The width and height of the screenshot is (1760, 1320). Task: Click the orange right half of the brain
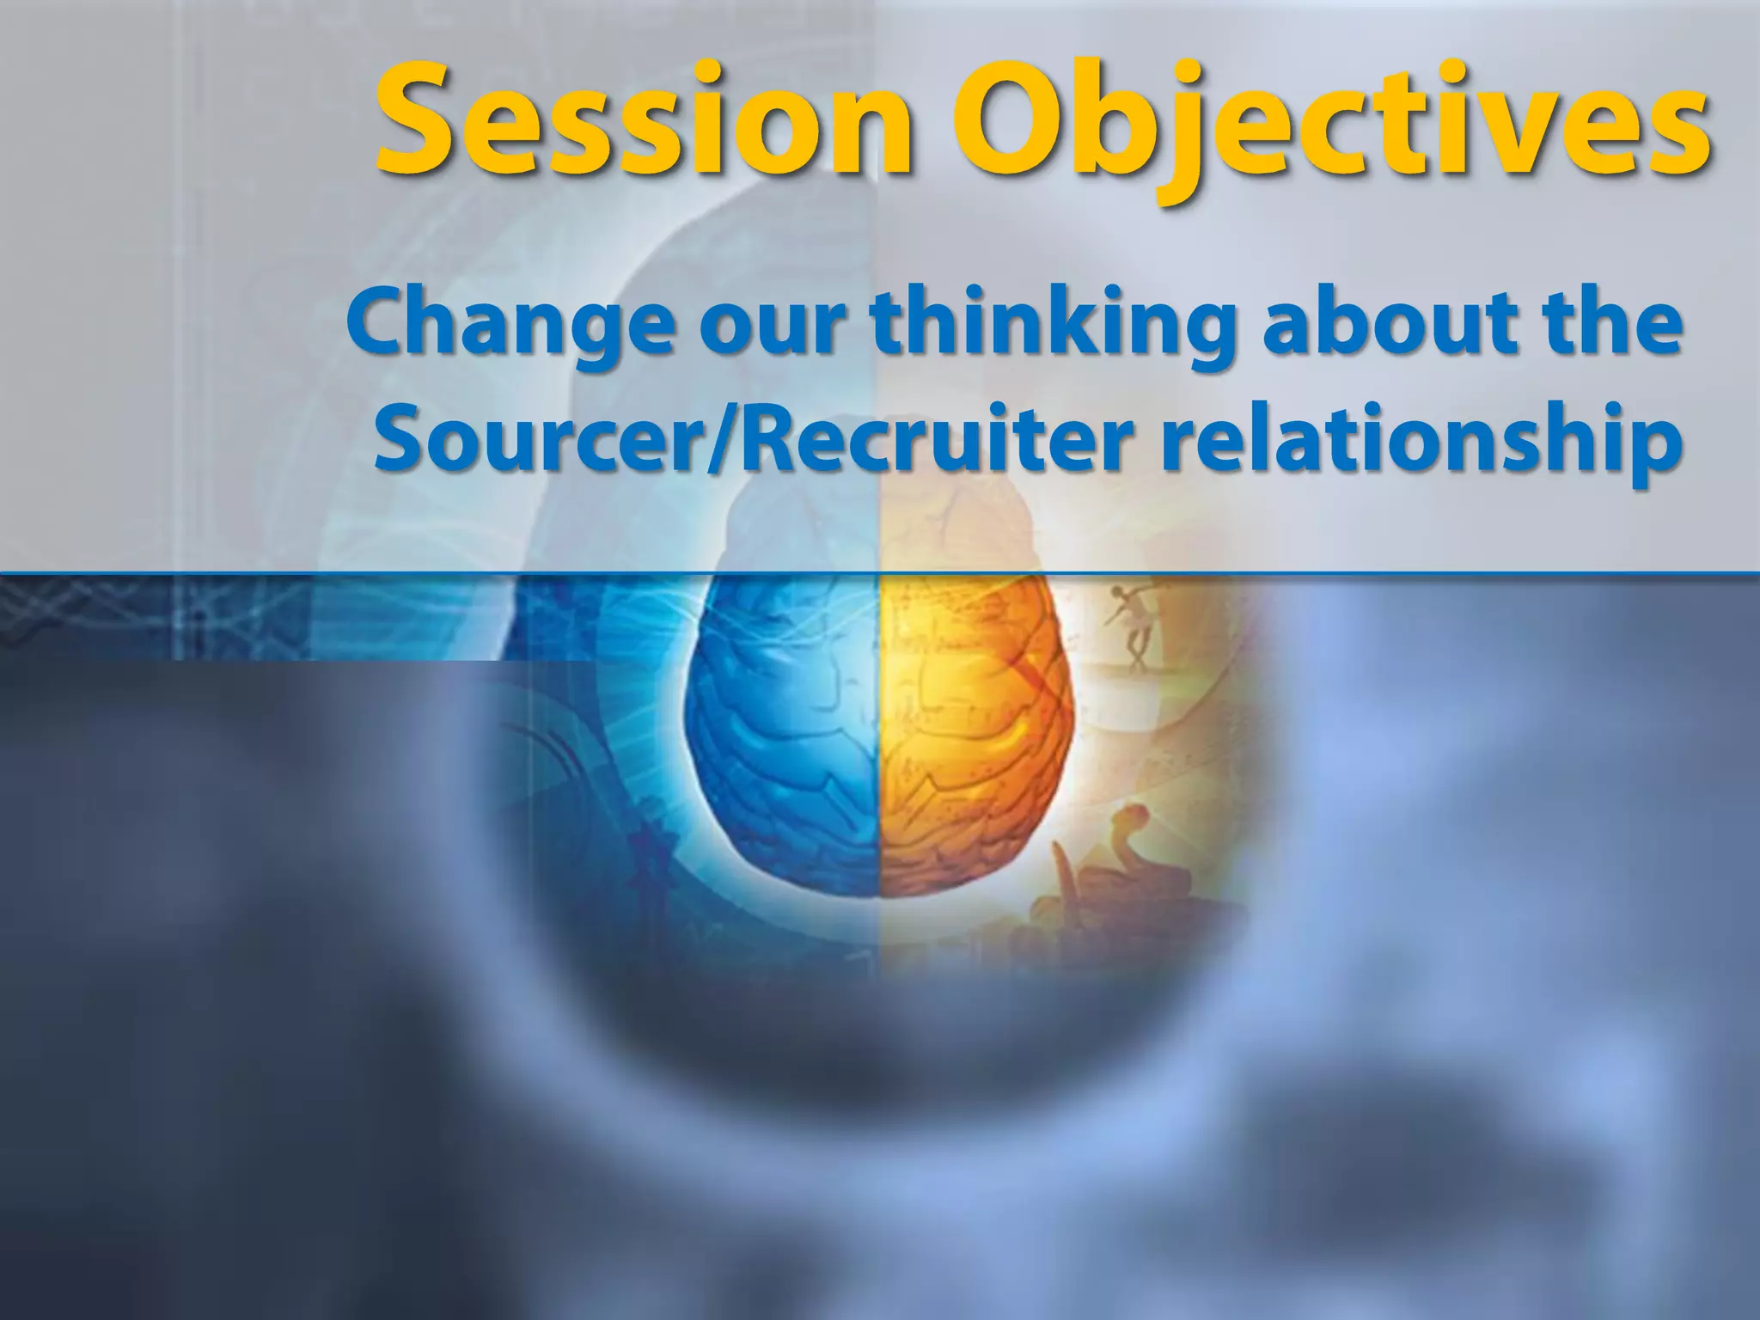971,730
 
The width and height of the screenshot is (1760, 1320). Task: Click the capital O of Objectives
1011,120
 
